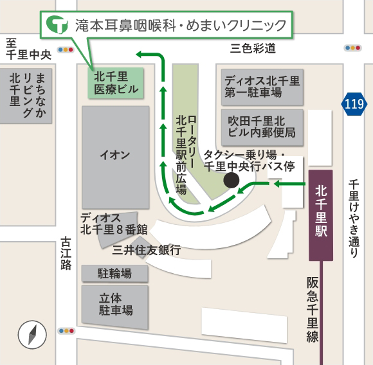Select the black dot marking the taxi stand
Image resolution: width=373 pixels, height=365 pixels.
230,181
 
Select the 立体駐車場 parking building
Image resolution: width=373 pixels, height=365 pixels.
115,304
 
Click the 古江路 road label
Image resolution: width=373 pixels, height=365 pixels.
66,253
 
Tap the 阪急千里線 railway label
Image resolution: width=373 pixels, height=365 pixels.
313,309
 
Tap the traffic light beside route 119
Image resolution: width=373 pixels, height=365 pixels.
352,47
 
